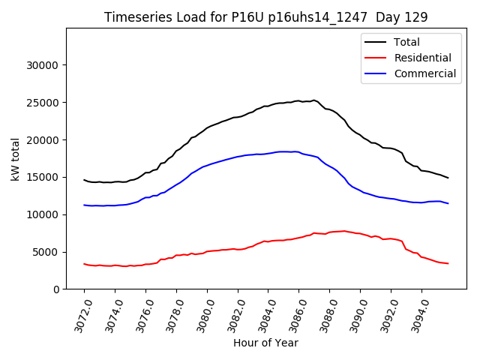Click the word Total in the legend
coord(406,42)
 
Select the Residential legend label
coord(422,58)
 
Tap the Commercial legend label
coord(424,73)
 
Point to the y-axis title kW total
coord(15,158)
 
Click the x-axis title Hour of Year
coord(265,343)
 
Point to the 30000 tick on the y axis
coord(43,65)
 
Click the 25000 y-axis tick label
coord(43,103)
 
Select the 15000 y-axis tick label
coord(43,177)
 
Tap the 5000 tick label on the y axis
coord(46,252)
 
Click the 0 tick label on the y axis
coord(56,289)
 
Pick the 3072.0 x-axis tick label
coord(80,315)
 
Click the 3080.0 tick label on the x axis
coord(203,315)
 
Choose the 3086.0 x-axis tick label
coord(295,315)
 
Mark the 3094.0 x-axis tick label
coord(418,315)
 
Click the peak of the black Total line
coord(313,100)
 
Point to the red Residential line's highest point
coord(344,231)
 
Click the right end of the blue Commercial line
coord(448,203)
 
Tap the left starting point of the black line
coord(84,179)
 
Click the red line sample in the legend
coord(376,58)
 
